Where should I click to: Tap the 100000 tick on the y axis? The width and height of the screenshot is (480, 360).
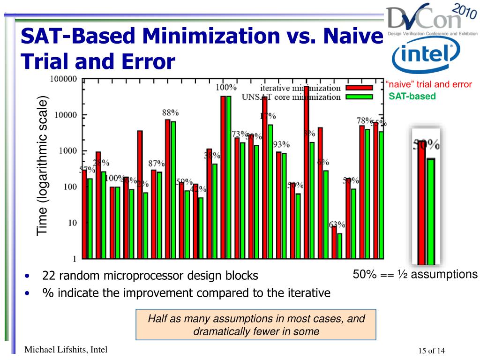(x=63, y=79)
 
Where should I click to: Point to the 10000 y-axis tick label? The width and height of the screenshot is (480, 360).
(x=66, y=115)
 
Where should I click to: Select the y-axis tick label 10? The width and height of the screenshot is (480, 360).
(x=73, y=223)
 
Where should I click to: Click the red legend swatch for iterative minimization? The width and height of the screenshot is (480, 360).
(x=359, y=88)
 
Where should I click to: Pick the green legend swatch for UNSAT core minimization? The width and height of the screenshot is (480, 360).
(x=359, y=97)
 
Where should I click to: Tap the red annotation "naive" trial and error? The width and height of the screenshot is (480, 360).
(x=428, y=85)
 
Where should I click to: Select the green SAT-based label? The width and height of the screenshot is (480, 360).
(x=412, y=97)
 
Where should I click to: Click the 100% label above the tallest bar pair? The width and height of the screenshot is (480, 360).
(x=226, y=87)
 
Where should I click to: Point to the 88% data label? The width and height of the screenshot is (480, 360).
(x=170, y=112)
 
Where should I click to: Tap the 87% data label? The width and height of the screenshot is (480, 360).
(x=157, y=164)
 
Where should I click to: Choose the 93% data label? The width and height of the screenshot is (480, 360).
(x=281, y=144)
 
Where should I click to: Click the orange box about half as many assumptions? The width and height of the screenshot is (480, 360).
(x=256, y=325)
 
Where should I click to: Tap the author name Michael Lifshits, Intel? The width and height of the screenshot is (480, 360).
(x=66, y=349)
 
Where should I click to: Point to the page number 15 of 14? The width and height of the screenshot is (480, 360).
(x=431, y=351)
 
